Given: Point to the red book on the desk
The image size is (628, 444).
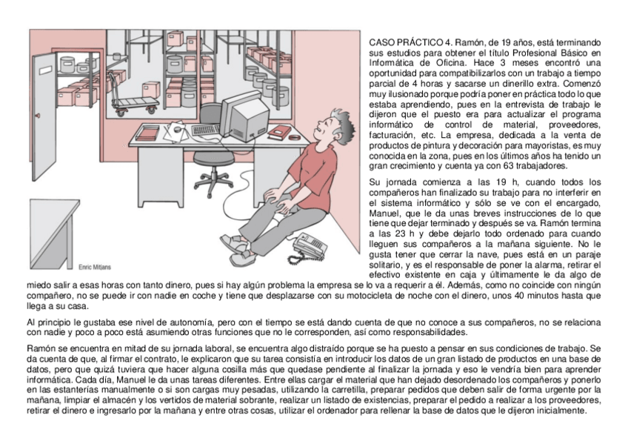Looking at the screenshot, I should (278, 132).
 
